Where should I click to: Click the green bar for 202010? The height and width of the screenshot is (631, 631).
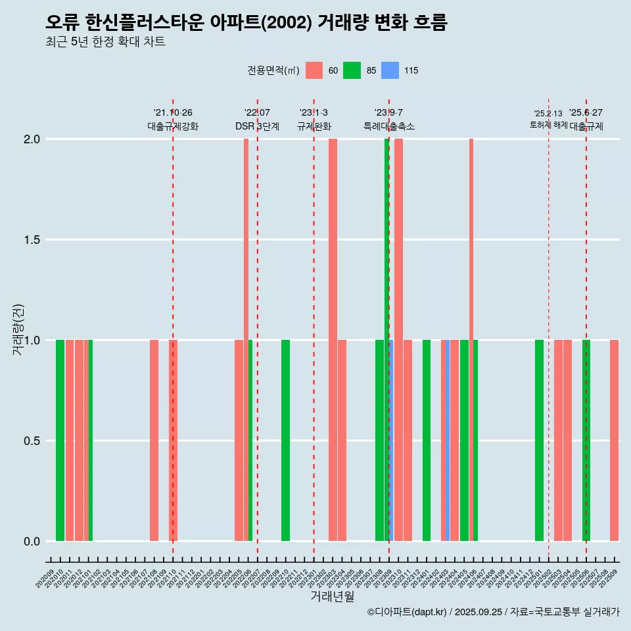[x=60, y=440]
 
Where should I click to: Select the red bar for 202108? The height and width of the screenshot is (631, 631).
[x=154, y=440]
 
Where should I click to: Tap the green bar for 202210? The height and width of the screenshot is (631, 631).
[x=285, y=440]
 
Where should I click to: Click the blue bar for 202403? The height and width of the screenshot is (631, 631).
[x=448, y=440]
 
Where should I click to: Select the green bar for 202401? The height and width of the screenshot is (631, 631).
[x=427, y=440]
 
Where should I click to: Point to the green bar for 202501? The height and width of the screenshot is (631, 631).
[x=539, y=440]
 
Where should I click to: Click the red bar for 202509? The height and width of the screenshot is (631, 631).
[x=614, y=440]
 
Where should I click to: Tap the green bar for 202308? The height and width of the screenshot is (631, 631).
[x=379, y=440]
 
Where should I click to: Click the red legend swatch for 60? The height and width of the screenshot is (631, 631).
[x=314, y=70]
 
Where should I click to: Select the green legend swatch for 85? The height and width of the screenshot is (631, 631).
[x=352, y=70]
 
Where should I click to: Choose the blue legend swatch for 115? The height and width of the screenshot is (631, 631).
[x=390, y=70]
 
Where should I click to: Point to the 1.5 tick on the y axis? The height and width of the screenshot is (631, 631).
[x=32, y=240]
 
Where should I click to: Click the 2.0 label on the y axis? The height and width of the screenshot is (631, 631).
[x=32, y=139]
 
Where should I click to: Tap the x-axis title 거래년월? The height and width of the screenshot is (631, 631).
[x=332, y=597]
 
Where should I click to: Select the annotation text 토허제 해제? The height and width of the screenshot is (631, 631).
[x=548, y=125]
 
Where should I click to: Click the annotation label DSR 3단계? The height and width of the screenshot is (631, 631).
[x=257, y=126]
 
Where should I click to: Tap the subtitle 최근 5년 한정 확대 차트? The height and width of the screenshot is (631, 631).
[x=105, y=42]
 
